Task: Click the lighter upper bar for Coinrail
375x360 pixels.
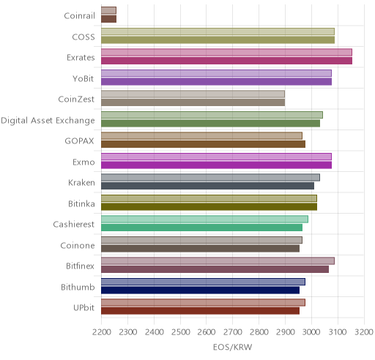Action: click(108, 10)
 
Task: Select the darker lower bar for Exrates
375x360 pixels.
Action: click(226, 61)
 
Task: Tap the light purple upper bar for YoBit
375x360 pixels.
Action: click(216, 73)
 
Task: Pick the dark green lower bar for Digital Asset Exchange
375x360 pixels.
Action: click(210, 124)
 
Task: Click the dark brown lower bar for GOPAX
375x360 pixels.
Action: click(203, 144)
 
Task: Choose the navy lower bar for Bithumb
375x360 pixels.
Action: click(200, 290)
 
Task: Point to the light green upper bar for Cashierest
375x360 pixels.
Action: click(204, 219)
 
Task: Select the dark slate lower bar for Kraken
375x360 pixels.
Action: click(207, 186)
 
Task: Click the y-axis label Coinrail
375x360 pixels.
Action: click(79, 15)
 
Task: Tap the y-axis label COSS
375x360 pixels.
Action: click(83, 37)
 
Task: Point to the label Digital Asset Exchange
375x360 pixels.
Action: click(48, 121)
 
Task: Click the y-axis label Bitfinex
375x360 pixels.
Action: click(80, 266)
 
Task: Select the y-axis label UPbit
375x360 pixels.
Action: click(83, 307)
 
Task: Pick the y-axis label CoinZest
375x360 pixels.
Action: click(76, 100)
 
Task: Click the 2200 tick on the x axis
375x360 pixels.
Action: click(101, 332)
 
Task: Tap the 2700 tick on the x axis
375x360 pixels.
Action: click(233, 332)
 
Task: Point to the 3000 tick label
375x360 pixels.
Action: click(311, 332)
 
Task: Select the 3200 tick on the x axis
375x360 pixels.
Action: click(364, 332)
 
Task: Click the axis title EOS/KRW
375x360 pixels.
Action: click(232, 347)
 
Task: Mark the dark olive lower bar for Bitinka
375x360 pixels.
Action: click(209, 207)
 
